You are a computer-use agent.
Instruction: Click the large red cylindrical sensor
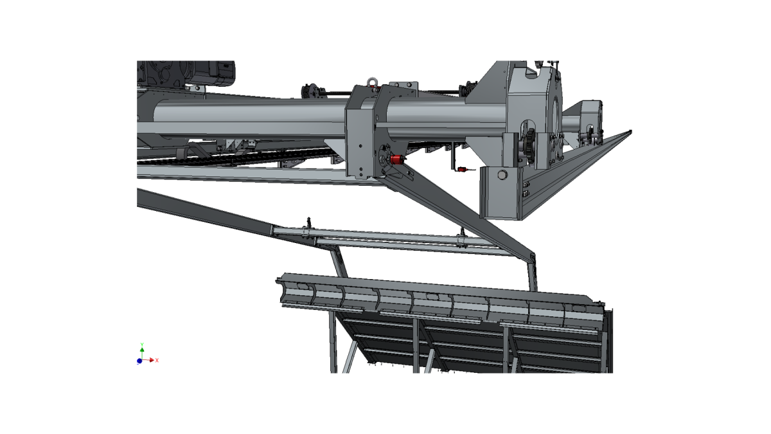coord(398,159)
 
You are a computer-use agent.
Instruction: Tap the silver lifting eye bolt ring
coord(371,82)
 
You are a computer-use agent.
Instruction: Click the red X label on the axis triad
coord(157,360)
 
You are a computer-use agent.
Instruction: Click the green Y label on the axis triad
coord(142,345)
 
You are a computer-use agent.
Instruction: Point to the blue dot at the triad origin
coord(139,361)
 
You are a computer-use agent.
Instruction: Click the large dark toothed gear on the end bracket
coord(529,146)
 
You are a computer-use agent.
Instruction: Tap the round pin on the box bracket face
coord(502,175)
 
